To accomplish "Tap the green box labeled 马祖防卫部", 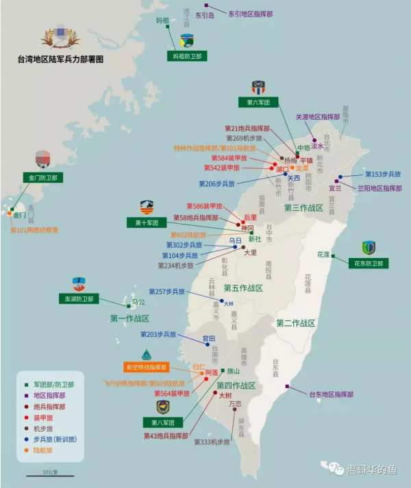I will pos(187,56).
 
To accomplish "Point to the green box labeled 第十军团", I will pos(147,222).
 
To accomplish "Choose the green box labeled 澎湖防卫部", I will pos(79,299).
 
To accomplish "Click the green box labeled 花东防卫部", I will pos(368,263).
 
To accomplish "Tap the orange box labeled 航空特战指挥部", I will pos(147,368).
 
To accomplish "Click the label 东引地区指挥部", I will pos(250,13).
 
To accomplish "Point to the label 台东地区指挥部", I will pos(331,395).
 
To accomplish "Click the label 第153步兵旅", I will pos(382,174).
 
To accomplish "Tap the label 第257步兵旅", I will pos(167,292).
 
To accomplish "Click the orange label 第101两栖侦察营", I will pos(34,230).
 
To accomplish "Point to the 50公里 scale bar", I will pos(50,475).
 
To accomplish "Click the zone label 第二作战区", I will pos(295,322).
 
